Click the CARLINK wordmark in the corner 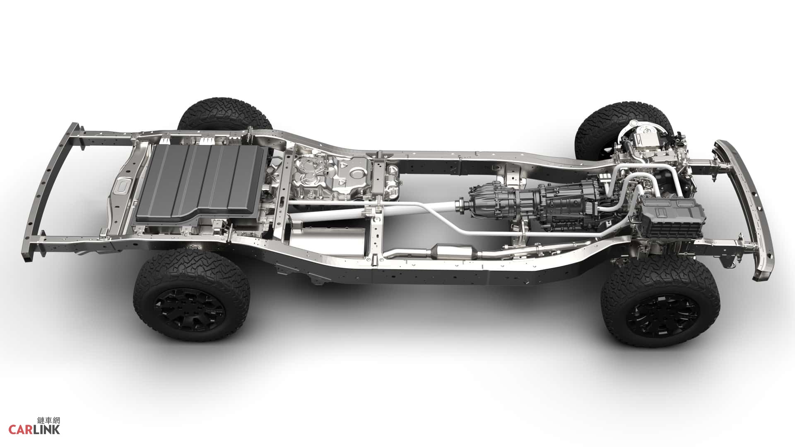point(34,430)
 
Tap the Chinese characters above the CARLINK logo point(48,421)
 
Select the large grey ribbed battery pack point(201,182)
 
